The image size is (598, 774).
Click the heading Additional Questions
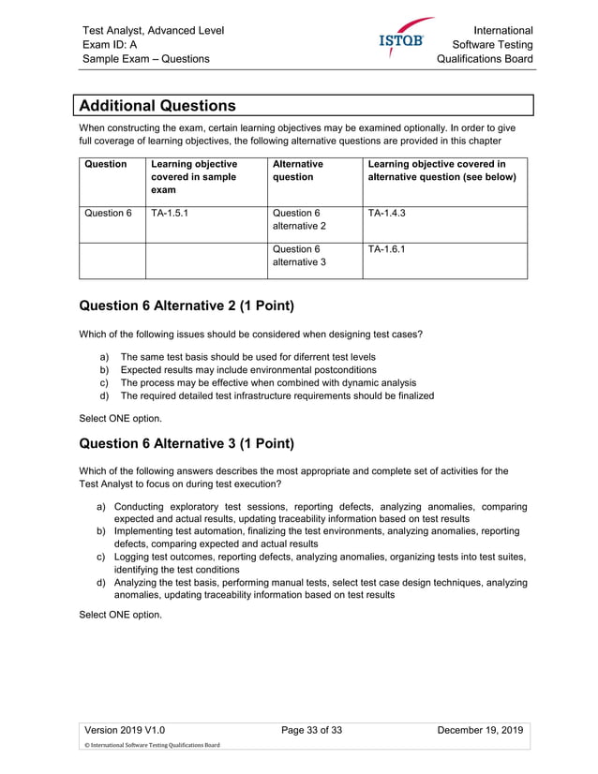[x=157, y=105]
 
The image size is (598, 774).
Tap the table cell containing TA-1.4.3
[x=386, y=213]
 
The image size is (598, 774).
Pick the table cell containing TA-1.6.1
[x=386, y=249]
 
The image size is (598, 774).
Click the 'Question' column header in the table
[x=106, y=164]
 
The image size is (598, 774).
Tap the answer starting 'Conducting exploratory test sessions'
[x=320, y=513]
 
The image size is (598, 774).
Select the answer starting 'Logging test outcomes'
[x=320, y=562]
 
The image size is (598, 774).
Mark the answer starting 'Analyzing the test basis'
[x=320, y=588]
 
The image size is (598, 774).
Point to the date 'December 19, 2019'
[x=480, y=731]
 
